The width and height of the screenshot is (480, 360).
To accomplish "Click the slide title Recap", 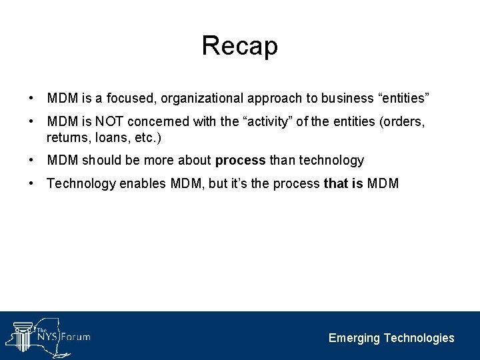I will point(239,45).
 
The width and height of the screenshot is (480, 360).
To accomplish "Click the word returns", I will point(65,138).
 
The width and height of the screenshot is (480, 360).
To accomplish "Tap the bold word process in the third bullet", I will point(240,161).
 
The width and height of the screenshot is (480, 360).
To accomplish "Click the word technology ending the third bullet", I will point(329,161).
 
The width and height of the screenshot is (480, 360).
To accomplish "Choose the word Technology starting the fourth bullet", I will point(81,184).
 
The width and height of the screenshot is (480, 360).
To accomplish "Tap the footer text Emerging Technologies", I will point(391,338).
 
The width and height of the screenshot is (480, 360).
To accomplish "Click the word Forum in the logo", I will point(75,337).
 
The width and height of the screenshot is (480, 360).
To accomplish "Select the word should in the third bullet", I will point(98,161).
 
